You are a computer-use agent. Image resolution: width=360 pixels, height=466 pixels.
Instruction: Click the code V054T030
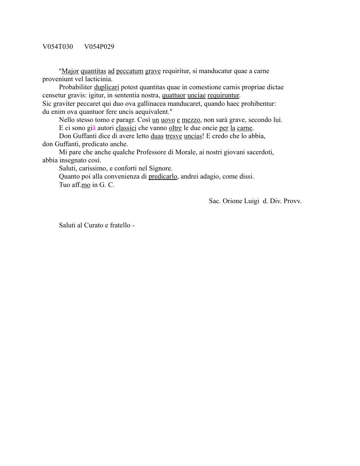click(x=58, y=47)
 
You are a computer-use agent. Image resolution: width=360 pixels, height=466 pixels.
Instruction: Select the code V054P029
click(x=99, y=47)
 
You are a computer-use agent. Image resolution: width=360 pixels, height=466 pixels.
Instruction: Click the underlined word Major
click(x=70, y=71)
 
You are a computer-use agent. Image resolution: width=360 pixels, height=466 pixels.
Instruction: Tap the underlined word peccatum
click(x=130, y=71)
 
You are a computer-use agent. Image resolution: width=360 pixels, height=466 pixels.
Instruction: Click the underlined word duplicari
click(x=107, y=87)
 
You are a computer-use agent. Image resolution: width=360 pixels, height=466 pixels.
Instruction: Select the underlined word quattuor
click(x=174, y=95)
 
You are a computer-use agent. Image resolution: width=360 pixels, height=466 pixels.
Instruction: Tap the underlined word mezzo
click(x=191, y=120)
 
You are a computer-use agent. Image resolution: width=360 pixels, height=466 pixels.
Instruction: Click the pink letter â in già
click(x=94, y=128)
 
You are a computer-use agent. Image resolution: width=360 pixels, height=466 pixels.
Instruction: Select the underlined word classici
click(x=126, y=128)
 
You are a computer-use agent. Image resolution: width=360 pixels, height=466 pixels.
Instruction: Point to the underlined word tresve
click(x=174, y=136)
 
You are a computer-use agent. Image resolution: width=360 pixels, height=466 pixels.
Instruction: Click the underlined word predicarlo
click(x=163, y=176)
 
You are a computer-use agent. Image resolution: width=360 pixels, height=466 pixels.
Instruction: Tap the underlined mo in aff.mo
click(x=86, y=185)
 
